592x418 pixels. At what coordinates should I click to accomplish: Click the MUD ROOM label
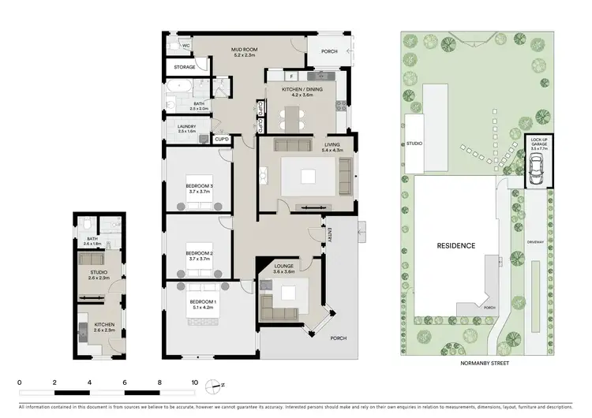click(x=244, y=50)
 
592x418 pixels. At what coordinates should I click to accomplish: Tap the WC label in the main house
click(x=186, y=46)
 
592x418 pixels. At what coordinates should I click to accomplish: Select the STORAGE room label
click(x=185, y=67)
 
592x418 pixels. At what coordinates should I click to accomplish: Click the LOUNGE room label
click(x=284, y=266)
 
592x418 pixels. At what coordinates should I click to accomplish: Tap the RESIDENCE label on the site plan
click(x=457, y=245)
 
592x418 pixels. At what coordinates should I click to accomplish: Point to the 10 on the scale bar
click(x=194, y=382)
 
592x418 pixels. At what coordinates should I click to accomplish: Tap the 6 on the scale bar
click(x=125, y=382)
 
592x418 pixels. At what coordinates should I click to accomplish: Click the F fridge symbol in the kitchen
click(x=291, y=76)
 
